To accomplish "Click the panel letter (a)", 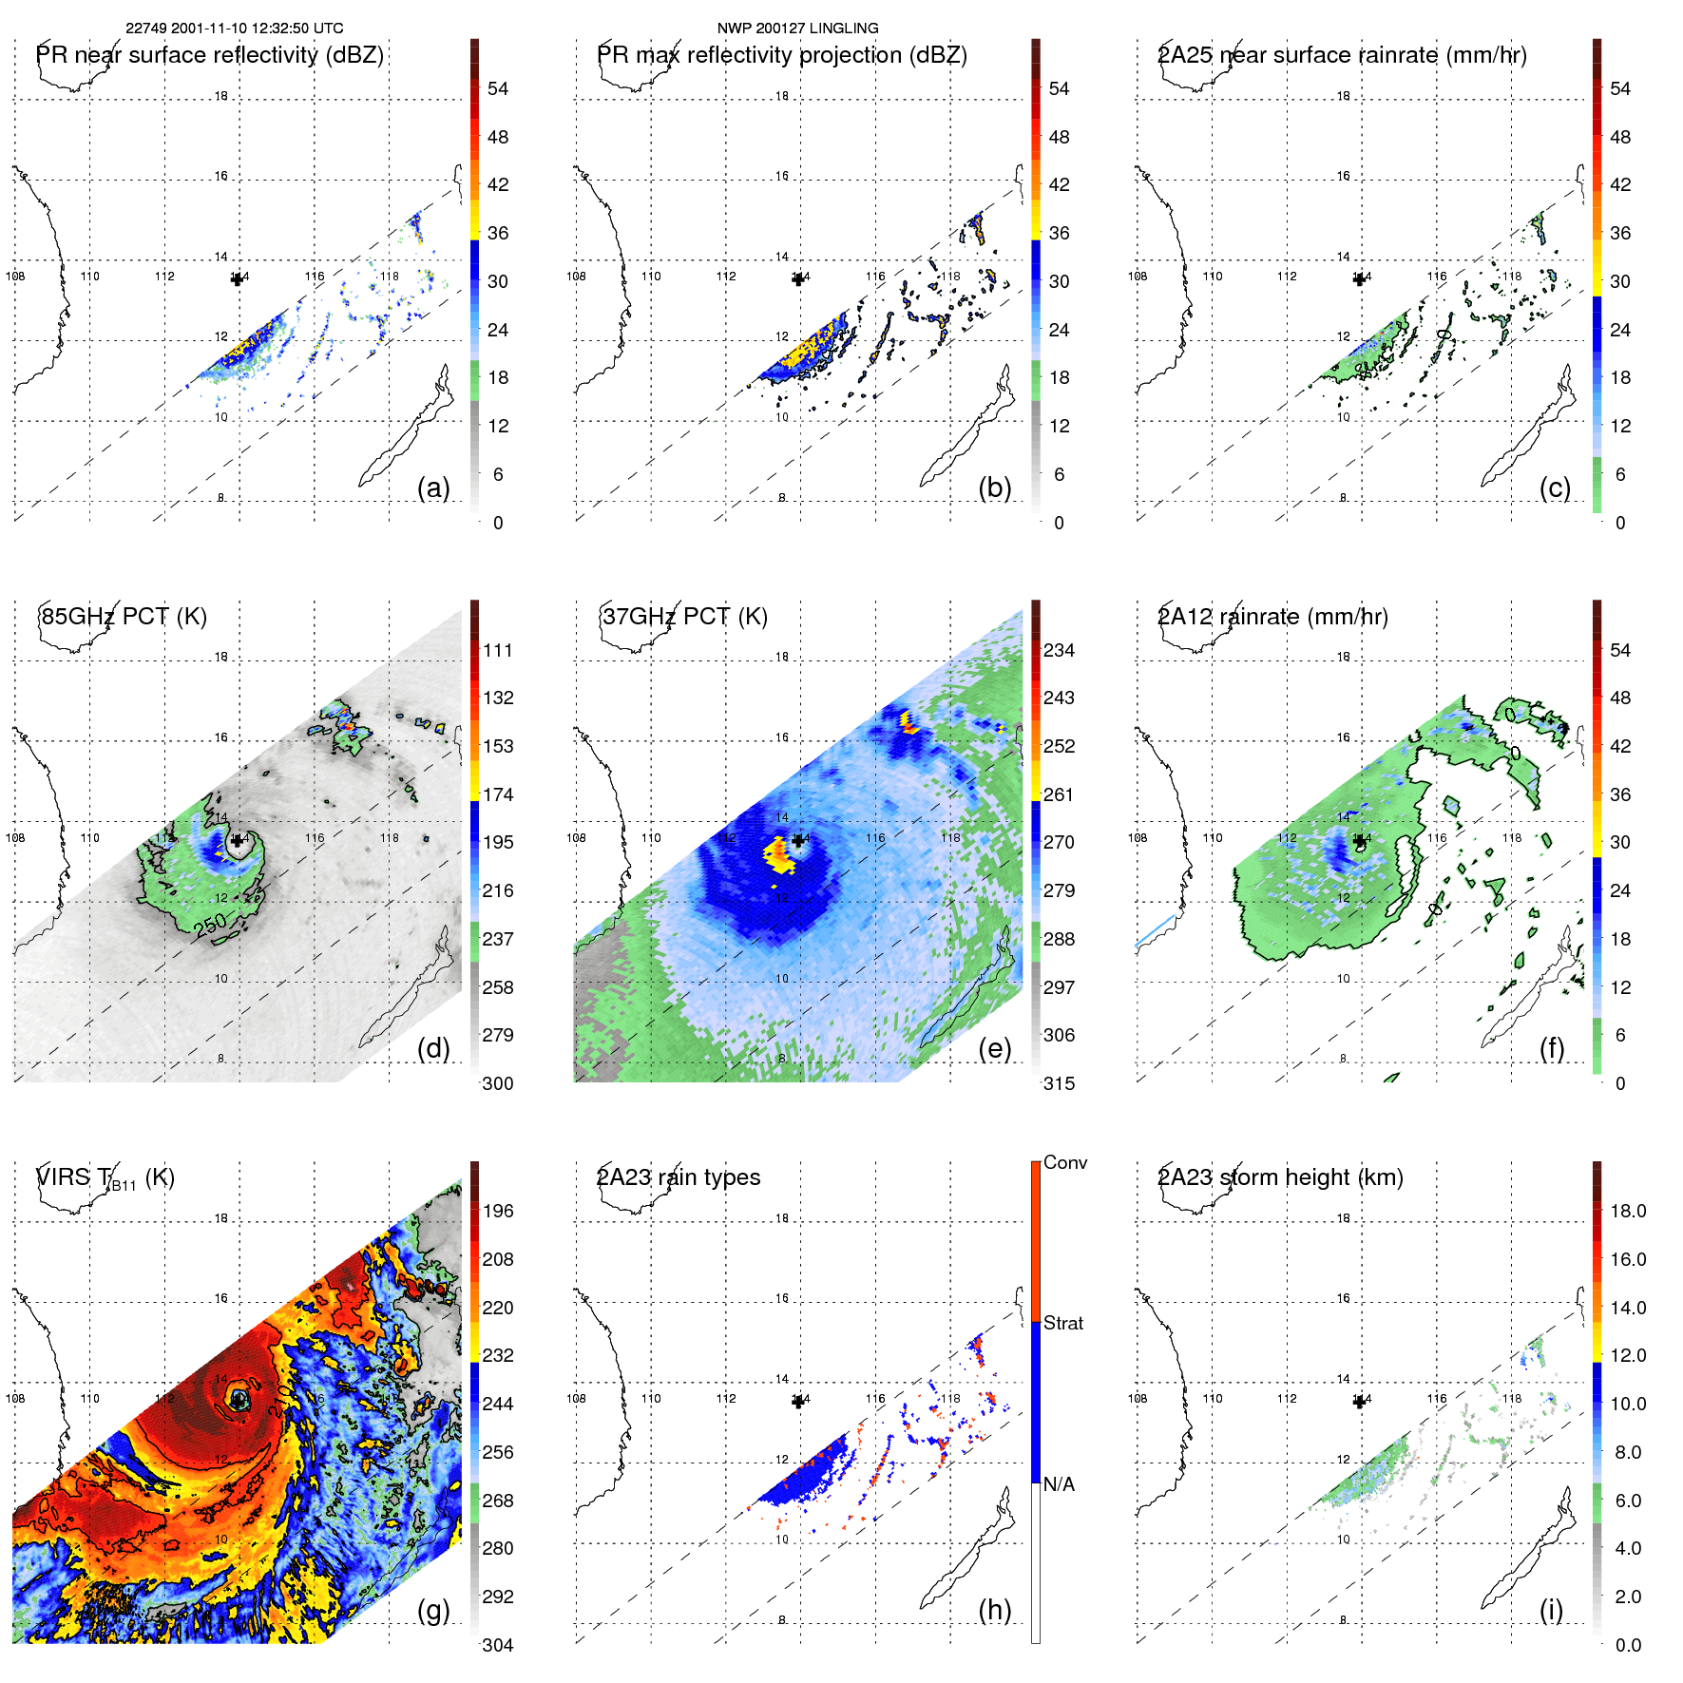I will pos(433,488).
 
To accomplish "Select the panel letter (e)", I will pos(994,1048).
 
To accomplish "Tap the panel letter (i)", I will pos(1551,1610).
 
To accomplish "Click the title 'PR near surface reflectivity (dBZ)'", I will pos(210,55).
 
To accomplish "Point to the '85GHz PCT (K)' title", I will pos(124,616).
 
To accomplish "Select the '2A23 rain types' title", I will pos(679,1177).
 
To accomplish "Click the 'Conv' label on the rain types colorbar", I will pos(1065,1162).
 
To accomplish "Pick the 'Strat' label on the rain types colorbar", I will pos(1063,1323).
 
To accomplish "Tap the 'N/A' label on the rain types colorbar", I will pos(1059,1484).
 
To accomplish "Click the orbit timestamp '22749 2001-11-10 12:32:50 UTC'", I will pos(235,29).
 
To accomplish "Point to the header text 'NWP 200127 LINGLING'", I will pos(797,29).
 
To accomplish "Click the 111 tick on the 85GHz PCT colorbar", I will pos(498,650).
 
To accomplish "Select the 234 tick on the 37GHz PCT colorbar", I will pos(1059,650).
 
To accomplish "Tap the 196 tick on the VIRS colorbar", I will pos(498,1211).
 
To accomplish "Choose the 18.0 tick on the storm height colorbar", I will pos(1628,1211).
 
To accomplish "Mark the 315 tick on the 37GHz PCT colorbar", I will pos(1059,1083).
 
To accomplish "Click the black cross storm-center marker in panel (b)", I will pos(798,278).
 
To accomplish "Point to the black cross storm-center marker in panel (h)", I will pos(798,1402).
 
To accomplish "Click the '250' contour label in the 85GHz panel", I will pos(212,925).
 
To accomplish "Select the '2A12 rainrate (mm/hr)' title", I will pos(1272,616).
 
